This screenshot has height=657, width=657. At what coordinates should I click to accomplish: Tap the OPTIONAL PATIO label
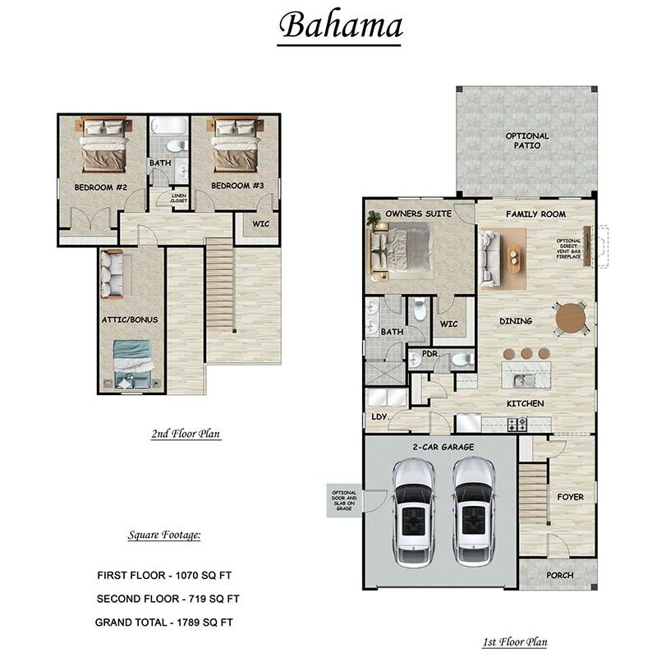coord(527,140)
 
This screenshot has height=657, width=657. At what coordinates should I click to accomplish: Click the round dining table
coord(570,318)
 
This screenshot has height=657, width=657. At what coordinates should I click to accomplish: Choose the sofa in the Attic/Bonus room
coord(111,274)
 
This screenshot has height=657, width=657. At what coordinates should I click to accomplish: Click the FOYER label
coord(570,497)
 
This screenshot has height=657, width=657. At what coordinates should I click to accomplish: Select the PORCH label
coord(560,575)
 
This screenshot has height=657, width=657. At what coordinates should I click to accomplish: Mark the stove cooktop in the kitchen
coord(517,424)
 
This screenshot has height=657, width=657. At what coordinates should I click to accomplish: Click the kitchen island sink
coord(521,380)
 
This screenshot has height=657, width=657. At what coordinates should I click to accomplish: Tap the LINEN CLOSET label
coord(179,198)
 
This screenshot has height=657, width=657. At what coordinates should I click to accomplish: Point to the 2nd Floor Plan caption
coord(186,434)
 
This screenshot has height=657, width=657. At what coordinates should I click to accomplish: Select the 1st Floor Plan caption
coord(515,642)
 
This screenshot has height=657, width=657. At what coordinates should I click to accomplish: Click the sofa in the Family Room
coord(490,258)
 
